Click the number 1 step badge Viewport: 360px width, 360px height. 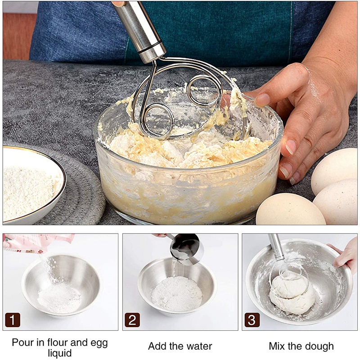pos(13,320)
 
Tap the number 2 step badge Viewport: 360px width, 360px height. pos(132,320)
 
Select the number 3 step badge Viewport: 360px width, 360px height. pos(252,320)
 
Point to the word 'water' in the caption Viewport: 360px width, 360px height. pos(199,346)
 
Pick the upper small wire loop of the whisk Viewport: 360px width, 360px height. pos(204,90)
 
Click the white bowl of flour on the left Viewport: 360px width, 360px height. pos(32,185)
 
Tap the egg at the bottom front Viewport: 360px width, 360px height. pos(290,209)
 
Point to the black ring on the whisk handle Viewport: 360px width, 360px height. pos(150,47)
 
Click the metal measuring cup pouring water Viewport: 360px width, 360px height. pos(186,249)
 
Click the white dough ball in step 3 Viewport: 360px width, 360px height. pos(292,294)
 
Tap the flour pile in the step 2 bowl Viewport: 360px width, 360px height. pos(176,293)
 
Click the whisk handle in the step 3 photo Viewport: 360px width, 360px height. pos(276,247)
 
